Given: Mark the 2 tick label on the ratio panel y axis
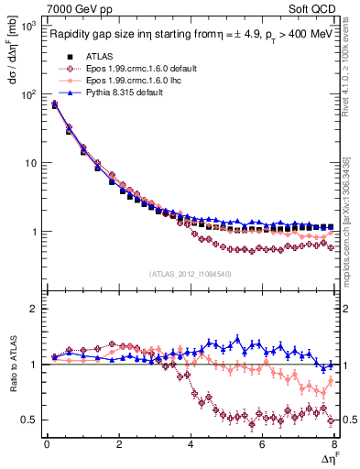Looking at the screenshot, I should tap(32, 309).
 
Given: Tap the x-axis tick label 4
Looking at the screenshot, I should tap(191, 444).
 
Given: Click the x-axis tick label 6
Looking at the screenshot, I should tap(262, 444).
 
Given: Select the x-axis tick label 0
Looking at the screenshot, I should tap(47, 444).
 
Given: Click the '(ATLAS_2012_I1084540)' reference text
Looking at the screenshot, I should tap(191, 273).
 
